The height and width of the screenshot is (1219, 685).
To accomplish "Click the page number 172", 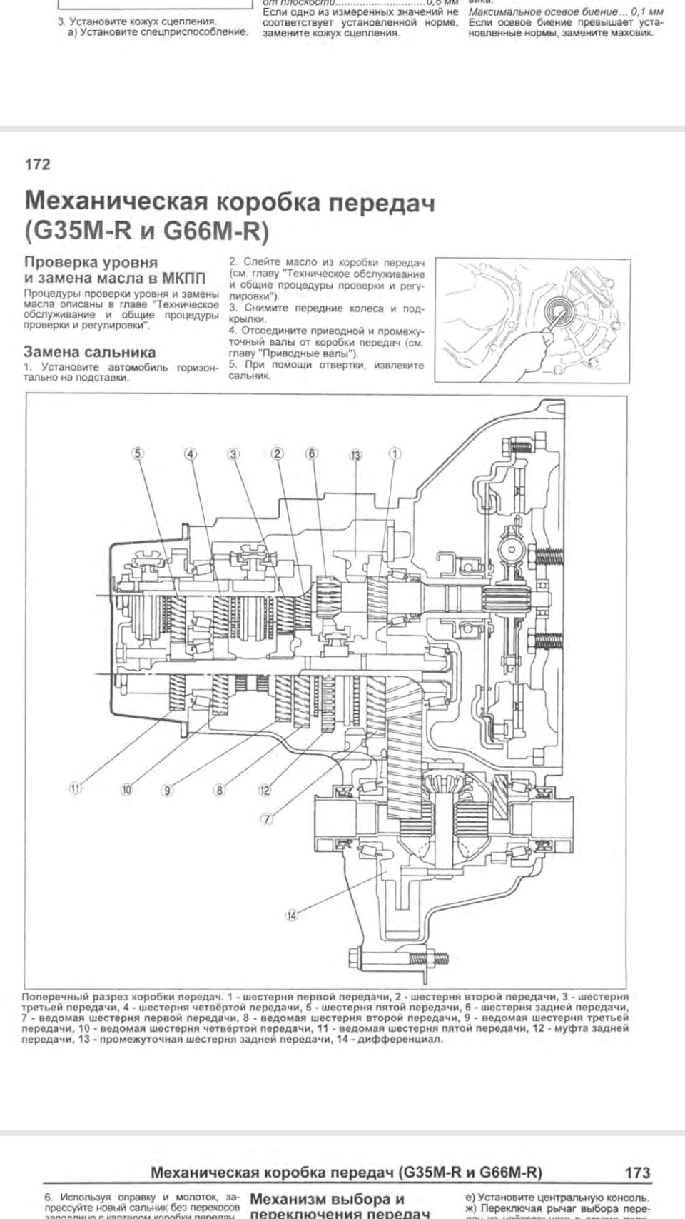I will pyautogui.click(x=37, y=164).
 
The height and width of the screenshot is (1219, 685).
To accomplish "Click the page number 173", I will pyautogui.click(x=636, y=1172).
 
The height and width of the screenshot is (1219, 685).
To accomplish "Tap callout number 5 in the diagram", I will pyautogui.click(x=138, y=453).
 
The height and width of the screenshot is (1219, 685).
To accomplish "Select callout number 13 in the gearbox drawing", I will pyautogui.click(x=355, y=454).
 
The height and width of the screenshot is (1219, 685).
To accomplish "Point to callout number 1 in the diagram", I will pyautogui.click(x=395, y=453).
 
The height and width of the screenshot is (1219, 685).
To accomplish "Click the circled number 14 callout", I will pyautogui.click(x=291, y=915).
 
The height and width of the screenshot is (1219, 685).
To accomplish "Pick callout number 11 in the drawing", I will pyautogui.click(x=76, y=788).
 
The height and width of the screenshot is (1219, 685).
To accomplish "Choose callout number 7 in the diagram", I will pyautogui.click(x=268, y=819).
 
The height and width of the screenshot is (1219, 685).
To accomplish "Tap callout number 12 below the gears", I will pyautogui.click(x=265, y=790).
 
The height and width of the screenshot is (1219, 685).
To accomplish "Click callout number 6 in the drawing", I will pyautogui.click(x=312, y=453).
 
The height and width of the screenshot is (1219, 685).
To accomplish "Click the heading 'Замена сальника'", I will pyautogui.click(x=89, y=352).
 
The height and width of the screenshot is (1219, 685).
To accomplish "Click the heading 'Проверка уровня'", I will pyautogui.click(x=91, y=262).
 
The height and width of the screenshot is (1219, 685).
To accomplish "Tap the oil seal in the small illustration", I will pyautogui.click(x=558, y=311).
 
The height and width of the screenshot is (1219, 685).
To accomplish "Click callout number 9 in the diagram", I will pyautogui.click(x=167, y=790).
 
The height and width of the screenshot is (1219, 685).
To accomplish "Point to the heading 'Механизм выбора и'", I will pyautogui.click(x=328, y=1198).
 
